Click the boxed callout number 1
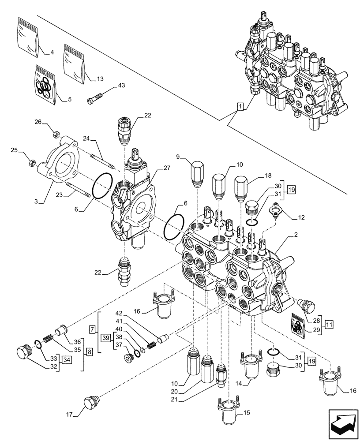(239, 106)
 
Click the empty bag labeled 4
(29, 36)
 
